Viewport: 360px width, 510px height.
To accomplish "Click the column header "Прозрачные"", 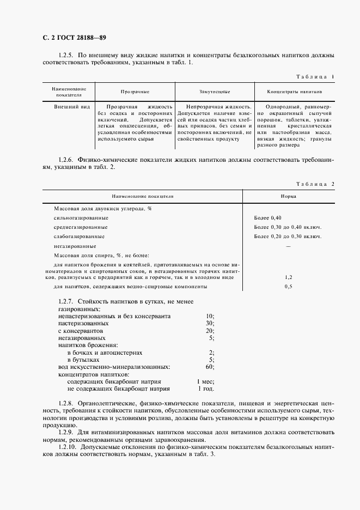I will click(x=135, y=92).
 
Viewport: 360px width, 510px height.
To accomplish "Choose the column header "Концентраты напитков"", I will click(x=295, y=92).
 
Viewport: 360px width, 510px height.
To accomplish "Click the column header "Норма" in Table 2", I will click(x=289, y=196).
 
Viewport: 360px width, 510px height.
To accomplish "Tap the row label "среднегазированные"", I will click(x=81, y=227).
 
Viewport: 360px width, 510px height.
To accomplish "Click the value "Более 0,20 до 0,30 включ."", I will click(x=288, y=236).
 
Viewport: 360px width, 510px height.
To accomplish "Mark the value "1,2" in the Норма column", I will click(x=289, y=277).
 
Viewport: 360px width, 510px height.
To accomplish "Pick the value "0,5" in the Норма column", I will click(x=289, y=287).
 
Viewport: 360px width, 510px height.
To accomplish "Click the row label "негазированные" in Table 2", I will click(x=75, y=246).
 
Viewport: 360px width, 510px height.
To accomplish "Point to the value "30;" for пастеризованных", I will click(x=210, y=323).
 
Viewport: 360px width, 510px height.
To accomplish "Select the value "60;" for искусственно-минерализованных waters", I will click(x=210, y=367).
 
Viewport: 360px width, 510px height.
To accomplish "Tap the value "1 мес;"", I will click(x=206, y=382).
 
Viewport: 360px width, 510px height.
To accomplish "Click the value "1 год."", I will click(x=206, y=389).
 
